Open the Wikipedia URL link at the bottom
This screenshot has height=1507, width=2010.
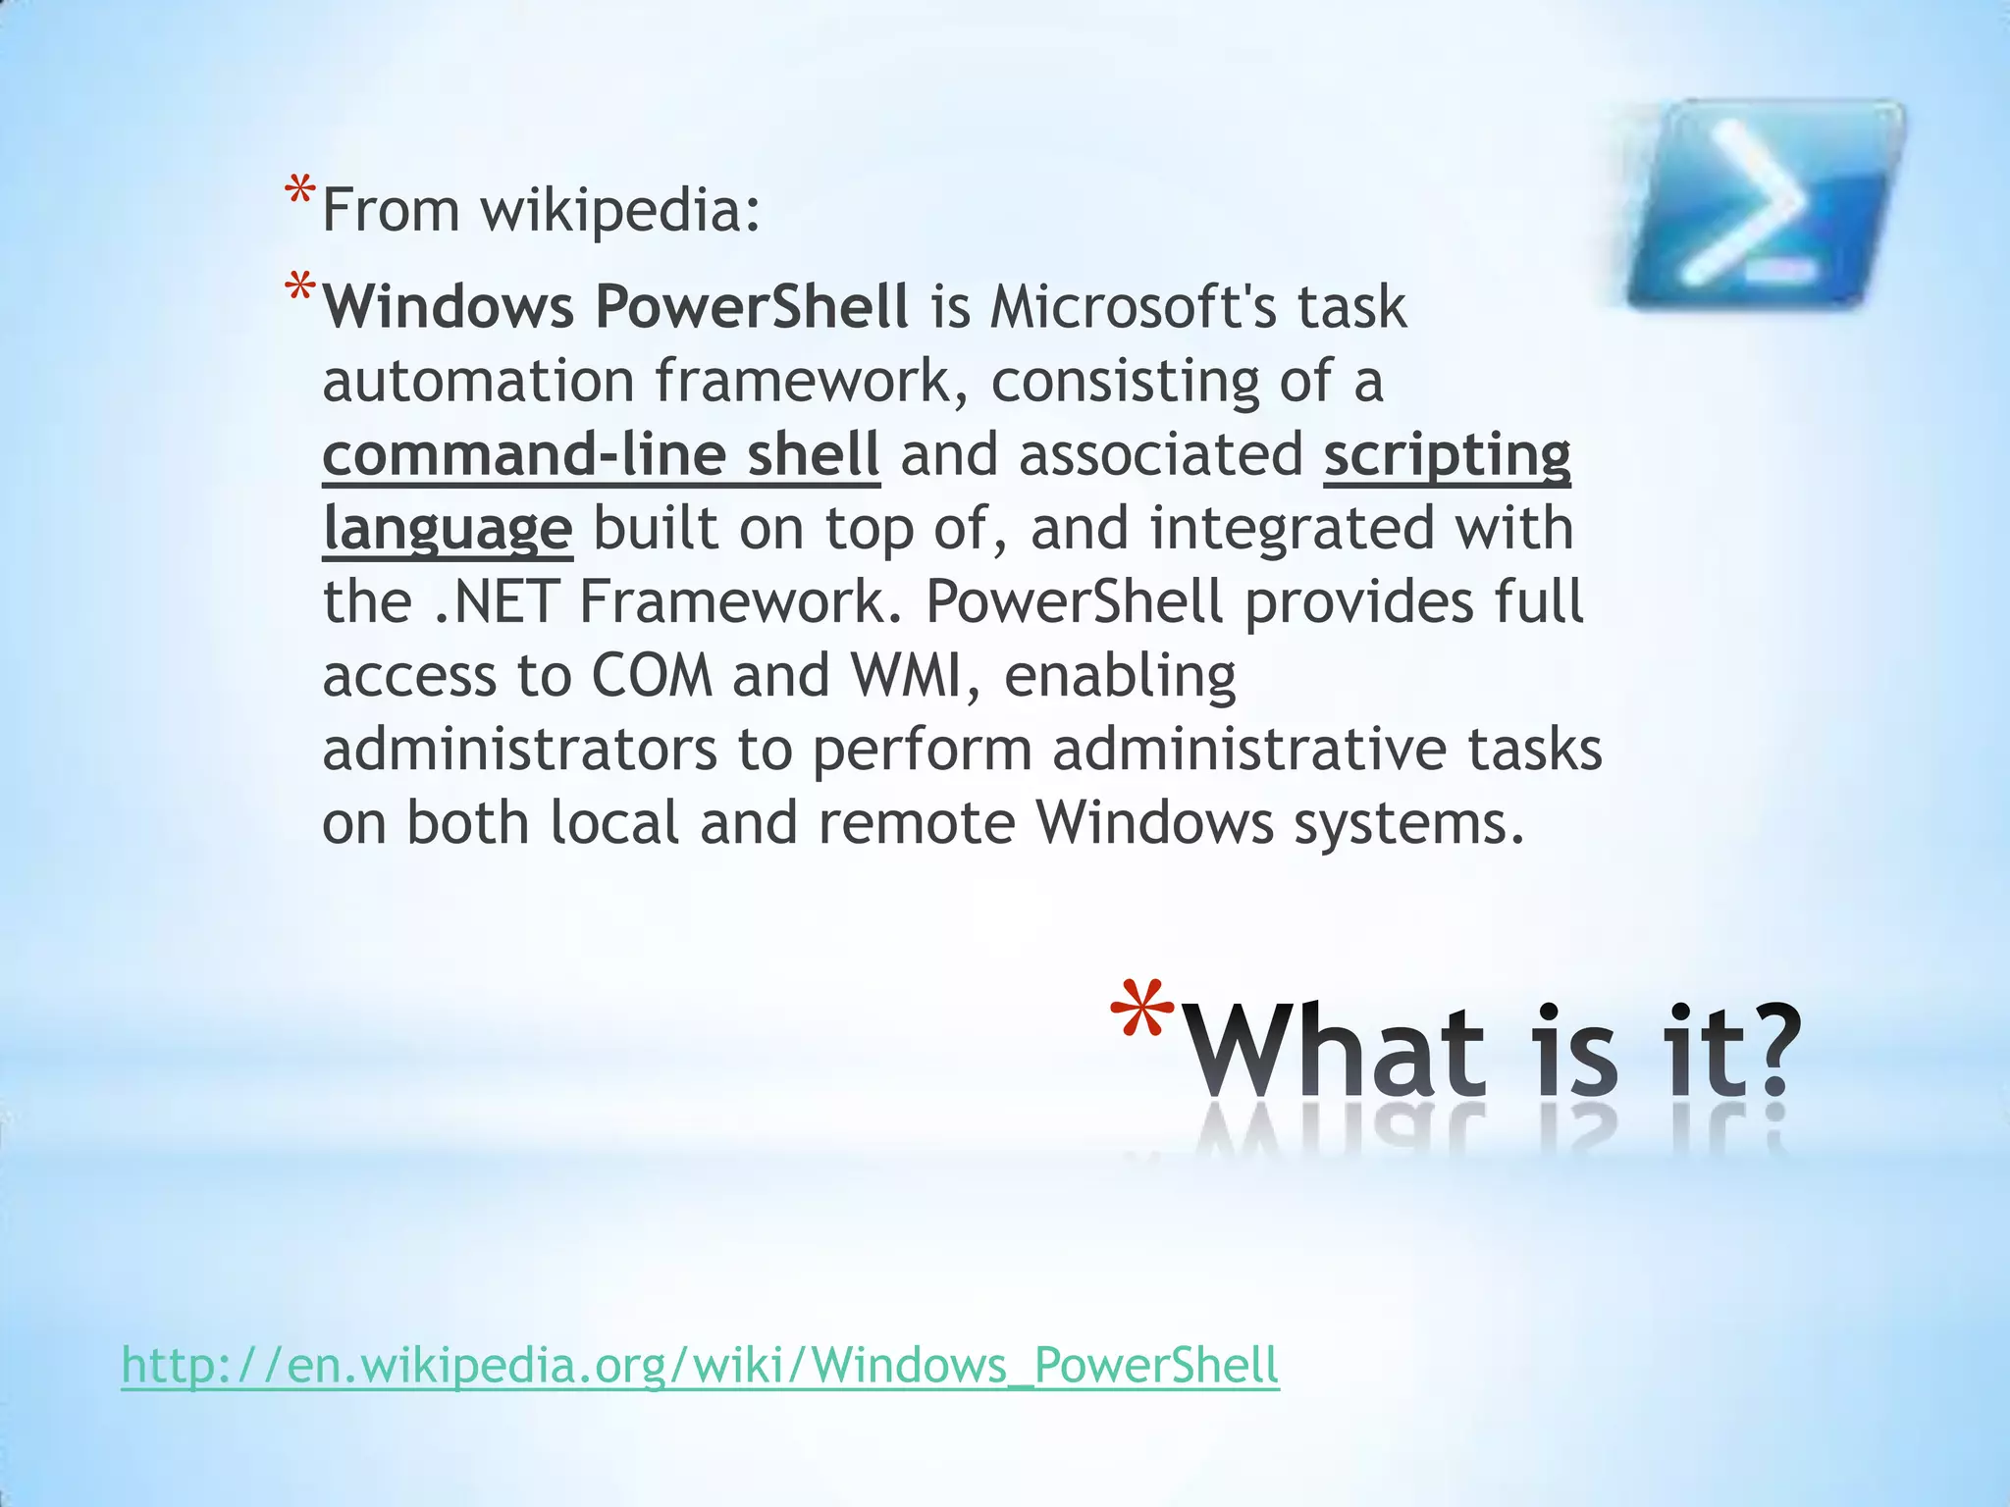pos(700,1365)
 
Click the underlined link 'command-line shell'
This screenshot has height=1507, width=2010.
pos(601,455)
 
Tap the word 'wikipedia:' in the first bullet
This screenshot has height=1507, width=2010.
pos(620,210)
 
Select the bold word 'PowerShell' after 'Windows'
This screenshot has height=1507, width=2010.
pos(752,306)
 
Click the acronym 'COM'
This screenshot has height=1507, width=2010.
pos(652,676)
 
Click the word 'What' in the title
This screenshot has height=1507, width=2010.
pos(1339,1052)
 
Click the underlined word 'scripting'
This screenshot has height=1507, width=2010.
pos(1447,455)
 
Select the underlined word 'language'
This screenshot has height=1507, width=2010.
pos(448,530)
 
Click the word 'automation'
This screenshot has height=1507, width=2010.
pos(479,381)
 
